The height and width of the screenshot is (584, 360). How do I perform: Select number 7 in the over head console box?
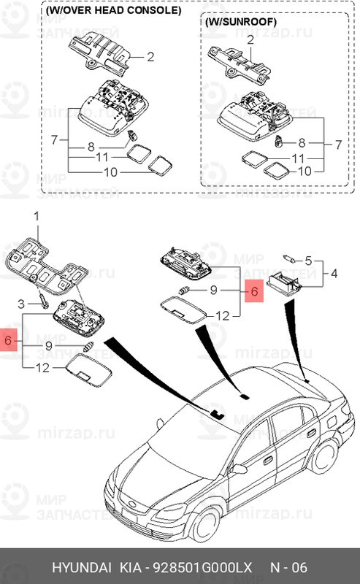(x=54, y=138)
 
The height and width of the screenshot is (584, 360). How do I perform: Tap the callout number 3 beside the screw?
(x=21, y=302)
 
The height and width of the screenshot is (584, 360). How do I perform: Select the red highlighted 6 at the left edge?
(x=9, y=341)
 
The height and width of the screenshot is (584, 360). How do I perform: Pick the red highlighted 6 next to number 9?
(x=253, y=292)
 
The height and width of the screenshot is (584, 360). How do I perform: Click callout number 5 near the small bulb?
(x=308, y=261)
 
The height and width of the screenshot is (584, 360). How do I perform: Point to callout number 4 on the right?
(x=334, y=275)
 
